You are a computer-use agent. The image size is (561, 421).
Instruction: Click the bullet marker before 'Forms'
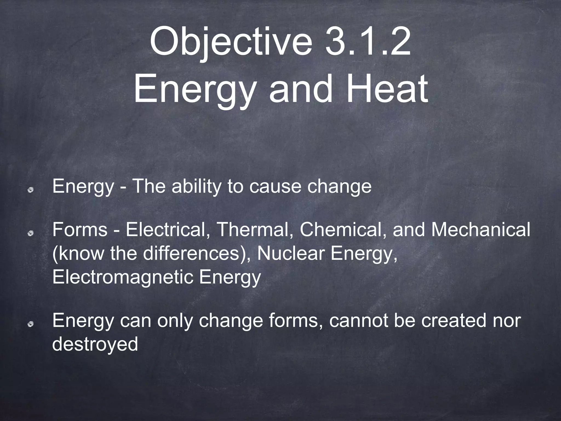pyautogui.click(x=32, y=233)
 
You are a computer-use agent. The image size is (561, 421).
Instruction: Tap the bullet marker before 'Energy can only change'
pyautogui.click(x=32, y=324)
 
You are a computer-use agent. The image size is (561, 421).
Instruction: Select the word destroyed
pyautogui.click(x=95, y=344)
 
